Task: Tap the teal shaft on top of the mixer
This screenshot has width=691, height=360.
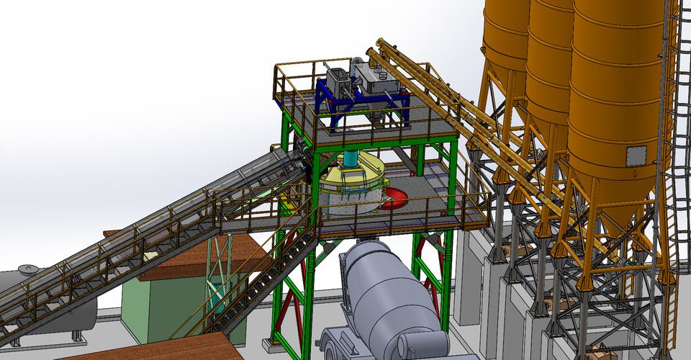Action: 351,159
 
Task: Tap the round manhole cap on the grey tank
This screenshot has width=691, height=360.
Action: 27,270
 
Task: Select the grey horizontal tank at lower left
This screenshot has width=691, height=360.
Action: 43,302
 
